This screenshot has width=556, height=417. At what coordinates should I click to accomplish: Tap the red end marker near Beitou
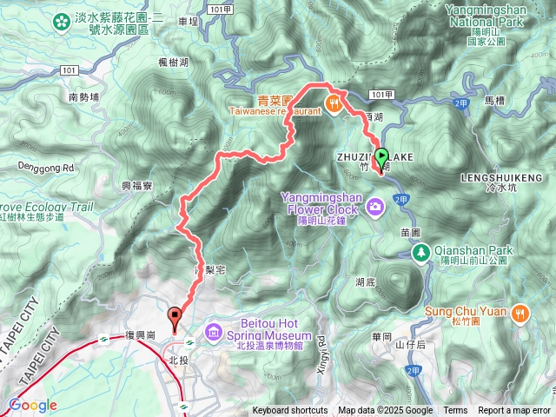175,319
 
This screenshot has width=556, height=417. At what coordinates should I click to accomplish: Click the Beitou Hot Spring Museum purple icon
214,331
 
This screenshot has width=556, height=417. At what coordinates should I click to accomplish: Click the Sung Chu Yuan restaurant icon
520,313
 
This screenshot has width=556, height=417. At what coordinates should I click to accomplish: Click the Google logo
32,405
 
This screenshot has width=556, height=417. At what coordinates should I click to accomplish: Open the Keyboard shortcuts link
290,411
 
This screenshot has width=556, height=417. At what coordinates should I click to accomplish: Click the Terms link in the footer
455,411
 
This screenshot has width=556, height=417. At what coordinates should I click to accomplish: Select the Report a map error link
514,411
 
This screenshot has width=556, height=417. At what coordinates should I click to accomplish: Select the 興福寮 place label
137,186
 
